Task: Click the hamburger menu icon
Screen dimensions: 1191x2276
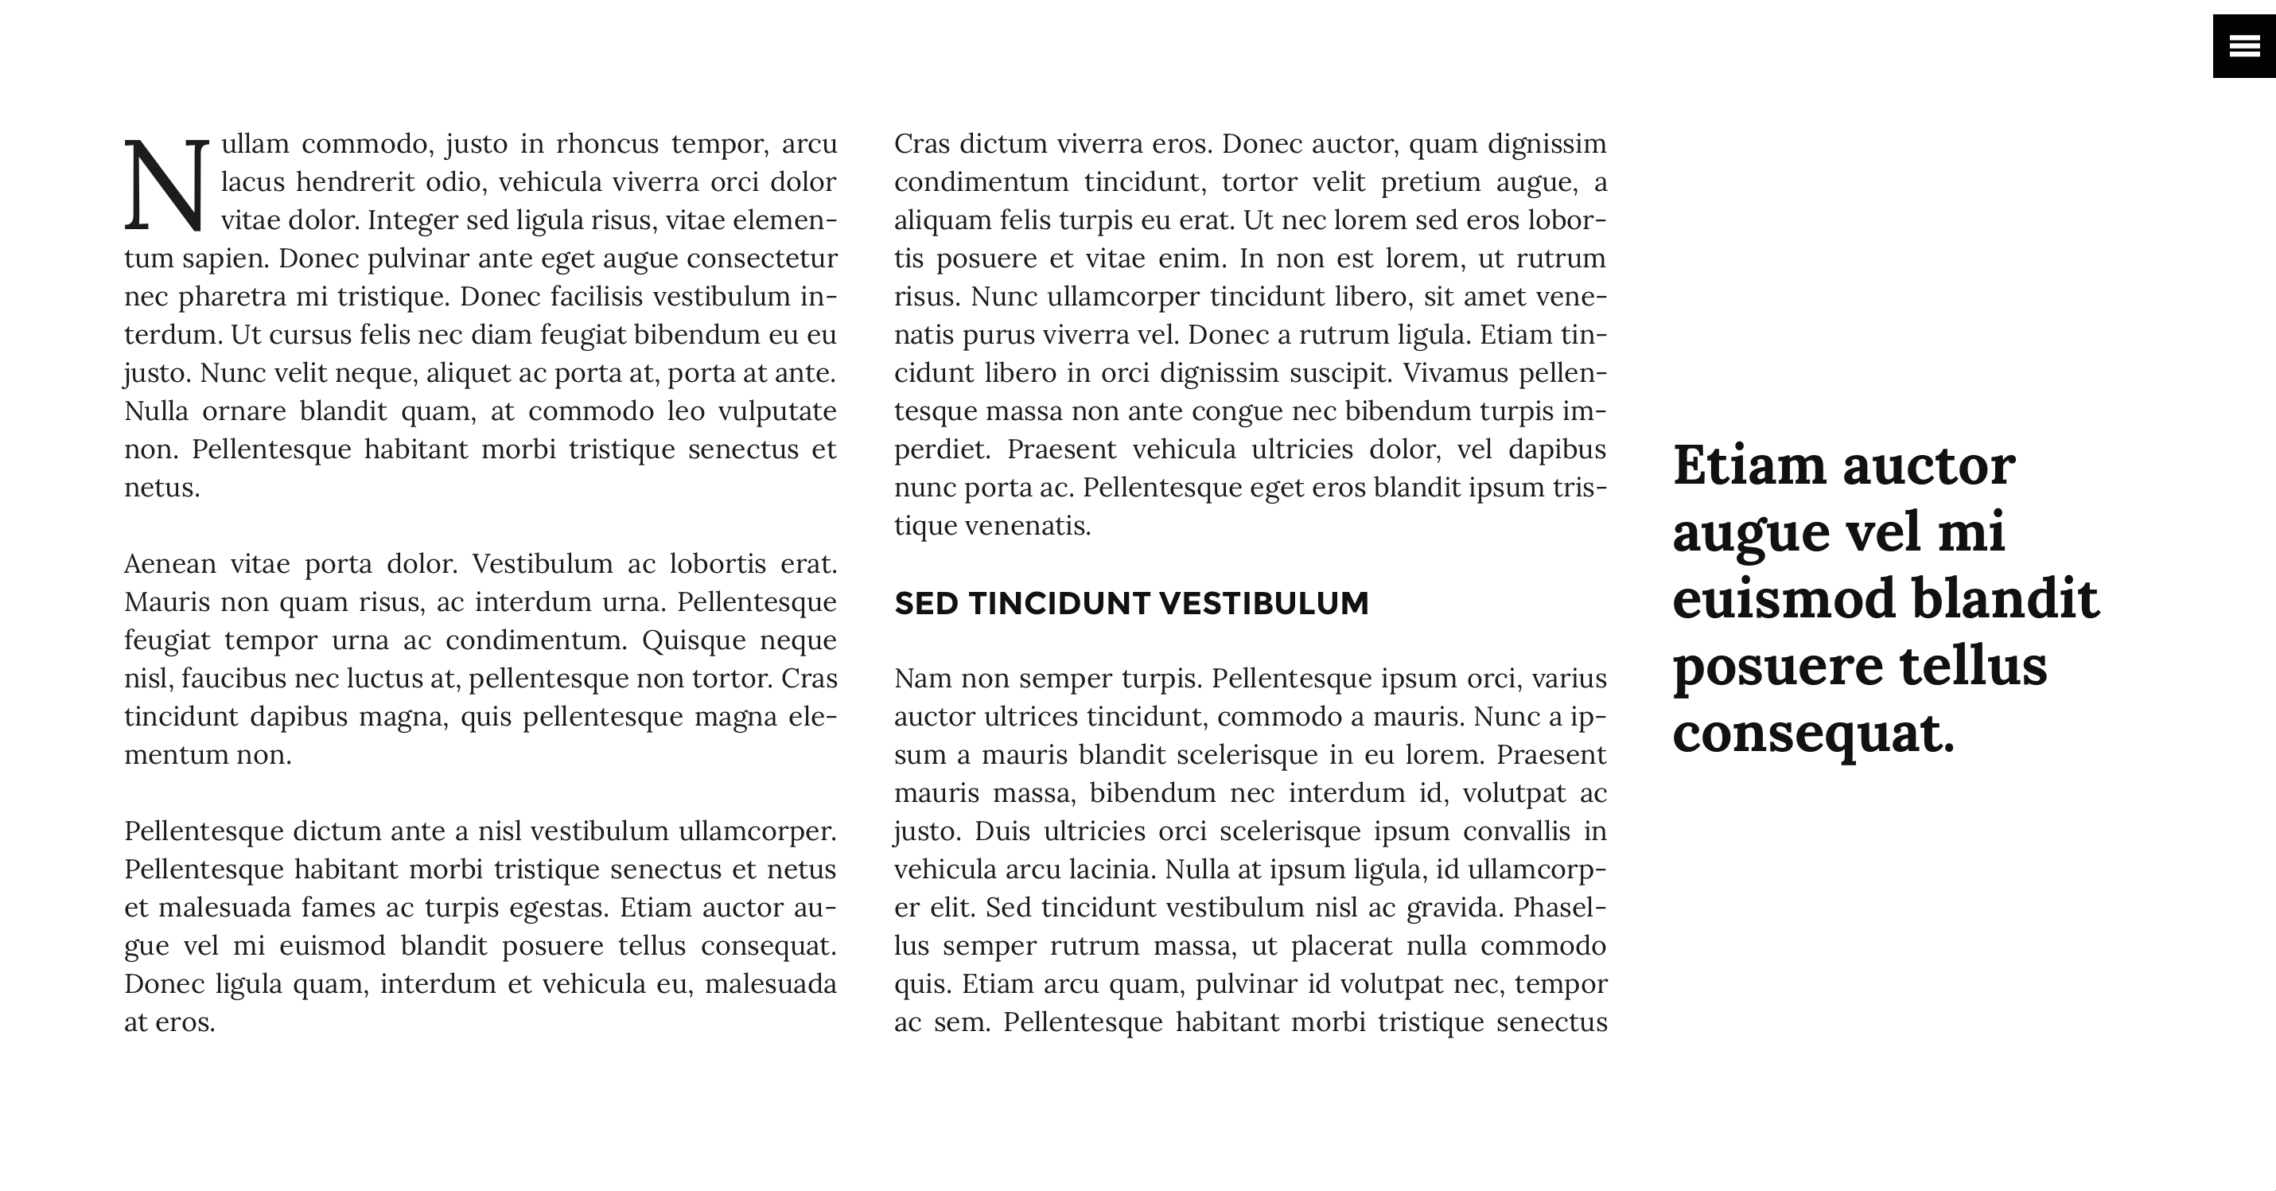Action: tap(2244, 46)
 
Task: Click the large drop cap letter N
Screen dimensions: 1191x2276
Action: tap(166, 185)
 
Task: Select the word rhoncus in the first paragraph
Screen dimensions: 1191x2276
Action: tap(606, 144)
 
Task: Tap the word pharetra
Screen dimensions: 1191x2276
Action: tap(231, 297)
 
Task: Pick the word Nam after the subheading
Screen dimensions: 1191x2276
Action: tap(921, 679)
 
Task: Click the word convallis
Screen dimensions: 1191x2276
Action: tap(1516, 831)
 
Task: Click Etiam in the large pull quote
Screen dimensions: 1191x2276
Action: tap(1749, 465)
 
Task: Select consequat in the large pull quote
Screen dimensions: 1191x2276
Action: tap(1813, 734)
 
